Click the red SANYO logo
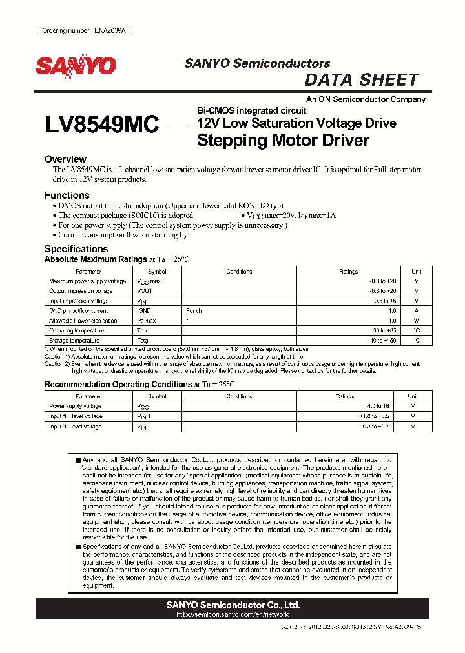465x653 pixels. click(x=76, y=66)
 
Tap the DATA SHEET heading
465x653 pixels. click(x=361, y=80)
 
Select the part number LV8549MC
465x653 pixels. click(x=102, y=125)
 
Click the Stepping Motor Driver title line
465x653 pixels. click(x=283, y=140)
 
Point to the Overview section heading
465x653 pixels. click(x=65, y=159)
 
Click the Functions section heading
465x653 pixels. click(x=67, y=196)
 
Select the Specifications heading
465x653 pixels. click(x=76, y=249)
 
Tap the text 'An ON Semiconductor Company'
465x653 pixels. click(x=366, y=99)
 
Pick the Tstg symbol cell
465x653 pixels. click(x=143, y=340)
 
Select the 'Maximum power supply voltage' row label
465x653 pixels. click(x=88, y=281)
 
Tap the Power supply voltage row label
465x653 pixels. click(x=75, y=406)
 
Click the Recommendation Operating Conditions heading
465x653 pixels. click(x=118, y=385)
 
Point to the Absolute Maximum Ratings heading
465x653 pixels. click(x=96, y=259)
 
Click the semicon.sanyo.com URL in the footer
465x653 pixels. click(x=232, y=615)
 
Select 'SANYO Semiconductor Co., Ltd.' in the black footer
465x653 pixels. click(x=232, y=605)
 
